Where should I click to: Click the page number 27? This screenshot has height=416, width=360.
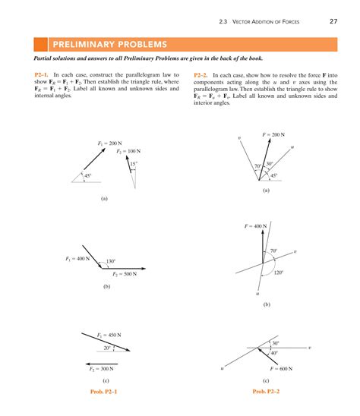click(333, 20)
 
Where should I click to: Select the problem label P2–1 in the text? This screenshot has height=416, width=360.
click(43, 76)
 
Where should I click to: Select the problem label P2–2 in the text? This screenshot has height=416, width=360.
click(201, 76)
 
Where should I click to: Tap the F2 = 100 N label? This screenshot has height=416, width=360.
click(129, 152)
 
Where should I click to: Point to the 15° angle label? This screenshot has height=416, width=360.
click(133, 164)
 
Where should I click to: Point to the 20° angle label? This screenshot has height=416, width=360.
click(107, 348)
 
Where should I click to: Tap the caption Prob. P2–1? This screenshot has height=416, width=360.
click(104, 391)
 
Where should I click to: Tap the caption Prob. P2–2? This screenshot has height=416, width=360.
click(265, 391)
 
